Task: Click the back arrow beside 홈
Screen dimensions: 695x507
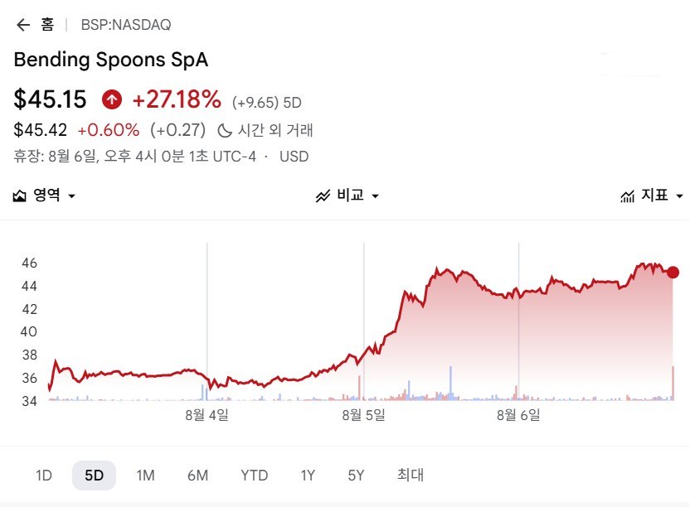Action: pyautogui.click(x=23, y=25)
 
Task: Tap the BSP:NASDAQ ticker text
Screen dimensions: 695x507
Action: pyautogui.click(x=126, y=25)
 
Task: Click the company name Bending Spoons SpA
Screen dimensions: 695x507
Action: pyautogui.click(x=111, y=60)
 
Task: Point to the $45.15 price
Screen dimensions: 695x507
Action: pyautogui.click(x=50, y=99)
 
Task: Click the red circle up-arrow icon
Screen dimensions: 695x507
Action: pyautogui.click(x=112, y=99)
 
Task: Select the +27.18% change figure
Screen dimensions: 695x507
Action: pyautogui.click(x=177, y=99)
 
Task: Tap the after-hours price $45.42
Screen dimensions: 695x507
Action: pyautogui.click(x=41, y=130)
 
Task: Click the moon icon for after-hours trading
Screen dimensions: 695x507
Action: pyautogui.click(x=224, y=131)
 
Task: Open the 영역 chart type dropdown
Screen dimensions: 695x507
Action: pyautogui.click(x=44, y=196)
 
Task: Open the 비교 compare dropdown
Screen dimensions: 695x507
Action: pyautogui.click(x=347, y=196)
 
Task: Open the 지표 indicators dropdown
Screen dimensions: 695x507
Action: pyautogui.click(x=652, y=196)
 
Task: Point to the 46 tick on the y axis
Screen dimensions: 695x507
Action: pyautogui.click(x=29, y=263)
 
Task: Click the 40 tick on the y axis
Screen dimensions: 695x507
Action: pyautogui.click(x=29, y=331)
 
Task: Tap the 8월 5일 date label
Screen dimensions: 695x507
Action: pyautogui.click(x=363, y=415)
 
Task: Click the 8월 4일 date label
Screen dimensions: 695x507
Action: pyautogui.click(x=207, y=415)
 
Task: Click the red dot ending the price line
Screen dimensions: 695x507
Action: pyautogui.click(x=673, y=273)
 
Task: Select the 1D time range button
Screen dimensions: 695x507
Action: pyautogui.click(x=44, y=476)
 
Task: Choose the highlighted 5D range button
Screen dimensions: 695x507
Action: pyautogui.click(x=94, y=476)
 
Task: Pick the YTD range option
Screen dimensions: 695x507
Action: pyautogui.click(x=255, y=476)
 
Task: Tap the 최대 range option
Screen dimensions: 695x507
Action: pyautogui.click(x=410, y=476)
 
